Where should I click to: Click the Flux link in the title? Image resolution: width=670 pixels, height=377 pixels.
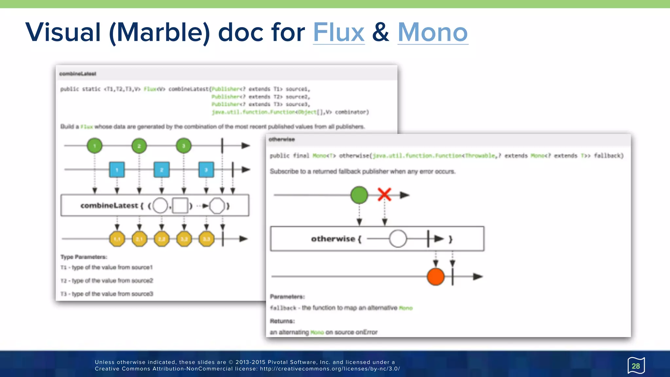click(x=339, y=32)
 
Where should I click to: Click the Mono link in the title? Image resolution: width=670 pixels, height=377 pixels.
click(x=432, y=32)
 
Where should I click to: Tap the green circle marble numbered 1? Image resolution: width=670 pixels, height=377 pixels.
click(x=95, y=146)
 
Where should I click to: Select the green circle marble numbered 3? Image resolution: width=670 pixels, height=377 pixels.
click(x=184, y=146)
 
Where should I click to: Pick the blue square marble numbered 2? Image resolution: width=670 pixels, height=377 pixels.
click(x=162, y=170)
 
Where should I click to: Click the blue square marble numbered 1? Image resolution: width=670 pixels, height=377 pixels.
click(x=117, y=170)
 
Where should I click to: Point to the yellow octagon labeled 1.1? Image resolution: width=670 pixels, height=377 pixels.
click(x=117, y=239)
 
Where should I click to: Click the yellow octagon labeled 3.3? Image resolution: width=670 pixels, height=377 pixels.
click(x=206, y=239)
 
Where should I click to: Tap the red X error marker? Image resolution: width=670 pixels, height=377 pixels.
click(x=384, y=194)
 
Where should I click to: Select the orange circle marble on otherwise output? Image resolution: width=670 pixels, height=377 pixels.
click(x=435, y=277)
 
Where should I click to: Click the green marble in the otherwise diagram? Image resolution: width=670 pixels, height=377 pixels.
click(x=359, y=195)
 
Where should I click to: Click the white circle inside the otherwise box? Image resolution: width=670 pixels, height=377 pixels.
click(x=398, y=239)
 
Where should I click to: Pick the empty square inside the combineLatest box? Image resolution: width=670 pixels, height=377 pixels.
click(x=180, y=206)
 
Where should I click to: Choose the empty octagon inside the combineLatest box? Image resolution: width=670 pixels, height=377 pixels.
click(x=217, y=206)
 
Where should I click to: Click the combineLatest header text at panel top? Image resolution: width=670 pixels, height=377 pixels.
click(x=78, y=74)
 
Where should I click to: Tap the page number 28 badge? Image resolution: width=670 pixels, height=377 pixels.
click(x=636, y=366)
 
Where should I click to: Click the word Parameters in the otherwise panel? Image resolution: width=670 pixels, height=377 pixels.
click(x=287, y=297)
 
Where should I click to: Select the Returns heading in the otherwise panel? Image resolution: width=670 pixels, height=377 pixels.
click(x=282, y=321)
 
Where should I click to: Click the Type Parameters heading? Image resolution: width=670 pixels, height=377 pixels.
click(x=84, y=257)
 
